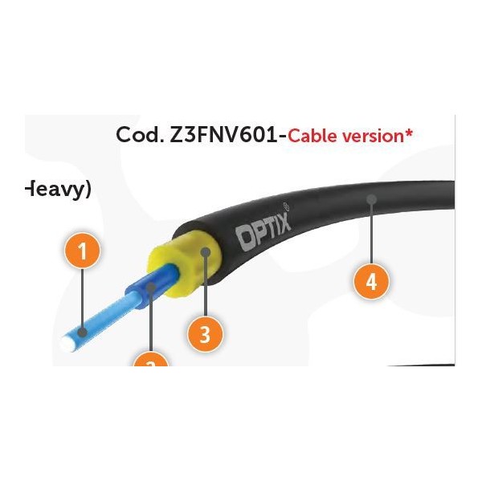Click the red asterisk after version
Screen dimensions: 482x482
409,132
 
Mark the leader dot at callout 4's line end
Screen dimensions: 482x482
370,197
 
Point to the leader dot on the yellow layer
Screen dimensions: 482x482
206,251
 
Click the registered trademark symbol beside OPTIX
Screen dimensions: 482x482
288,207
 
